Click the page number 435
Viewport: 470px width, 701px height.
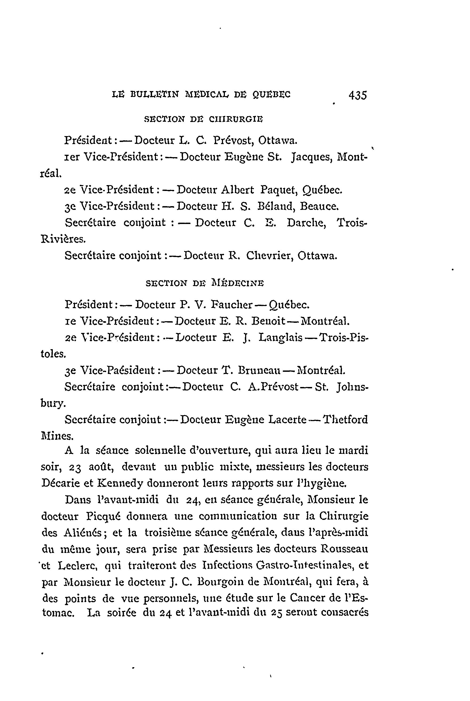358,95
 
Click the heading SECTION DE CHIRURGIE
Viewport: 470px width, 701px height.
204,119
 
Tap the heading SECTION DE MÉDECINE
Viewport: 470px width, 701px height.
205,283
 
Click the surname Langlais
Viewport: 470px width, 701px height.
280,338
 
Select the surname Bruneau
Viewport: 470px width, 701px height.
259,370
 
